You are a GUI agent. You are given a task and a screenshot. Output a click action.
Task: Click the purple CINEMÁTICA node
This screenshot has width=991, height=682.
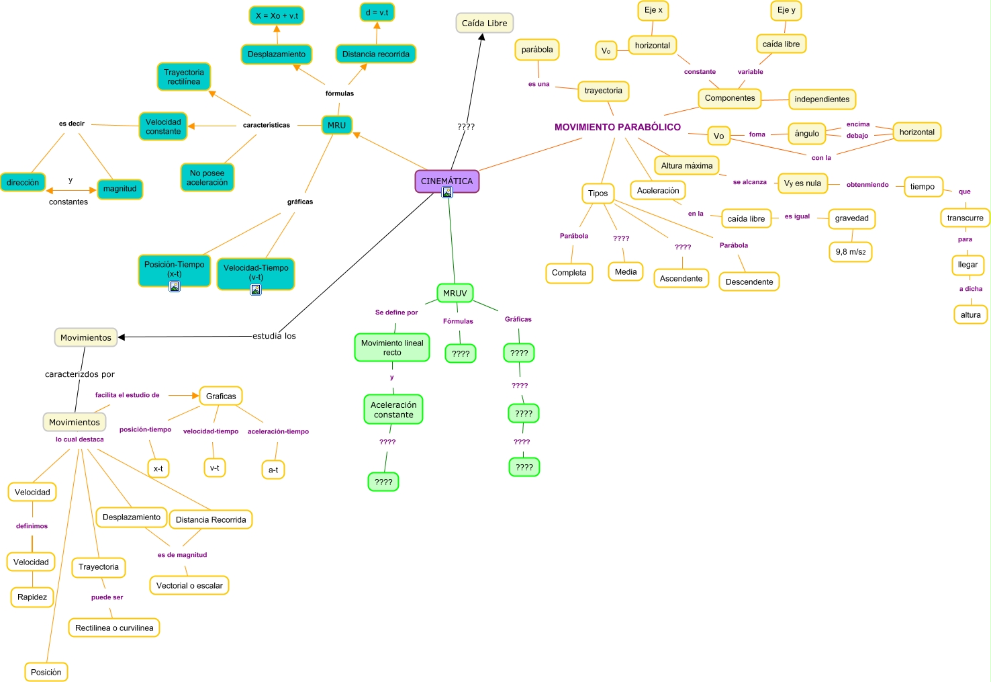tap(446, 181)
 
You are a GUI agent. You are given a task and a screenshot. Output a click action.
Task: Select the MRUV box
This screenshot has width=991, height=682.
tap(455, 293)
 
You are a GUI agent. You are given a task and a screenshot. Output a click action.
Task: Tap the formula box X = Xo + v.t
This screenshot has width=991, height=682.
tap(277, 15)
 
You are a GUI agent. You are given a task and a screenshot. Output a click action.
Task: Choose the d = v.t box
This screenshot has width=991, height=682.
tap(377, 12)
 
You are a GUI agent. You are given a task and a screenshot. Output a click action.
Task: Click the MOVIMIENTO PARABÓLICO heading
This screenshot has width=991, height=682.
tap(617, 127)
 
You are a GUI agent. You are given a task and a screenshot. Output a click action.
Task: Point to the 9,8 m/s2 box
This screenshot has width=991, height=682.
tap(850, 252)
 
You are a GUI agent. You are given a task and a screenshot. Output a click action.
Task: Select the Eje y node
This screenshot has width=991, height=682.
tap(786, 10)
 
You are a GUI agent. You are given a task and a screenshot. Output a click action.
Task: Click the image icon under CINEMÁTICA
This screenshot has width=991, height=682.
tap(447, 192)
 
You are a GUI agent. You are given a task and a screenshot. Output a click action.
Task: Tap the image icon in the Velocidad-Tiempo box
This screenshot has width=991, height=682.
tap(256, 290)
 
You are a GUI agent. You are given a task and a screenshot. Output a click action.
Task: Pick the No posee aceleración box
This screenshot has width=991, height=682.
tap(207, 177)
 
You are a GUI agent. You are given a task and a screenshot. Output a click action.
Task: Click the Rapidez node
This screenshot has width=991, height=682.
tap(32, 597)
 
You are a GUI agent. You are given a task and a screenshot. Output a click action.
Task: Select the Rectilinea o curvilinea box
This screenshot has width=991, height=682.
tap(114, 628)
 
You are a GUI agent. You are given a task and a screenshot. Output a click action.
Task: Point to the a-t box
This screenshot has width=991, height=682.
tap(273, 470)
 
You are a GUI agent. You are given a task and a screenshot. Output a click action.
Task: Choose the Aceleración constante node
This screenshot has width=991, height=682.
tap(393, 409)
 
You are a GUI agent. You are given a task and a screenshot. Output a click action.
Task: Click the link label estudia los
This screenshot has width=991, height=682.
tap(274, 336)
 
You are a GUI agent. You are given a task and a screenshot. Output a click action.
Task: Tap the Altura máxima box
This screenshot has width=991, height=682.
tap(686, 165)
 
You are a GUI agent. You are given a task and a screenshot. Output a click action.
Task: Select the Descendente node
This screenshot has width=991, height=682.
tap(749, 282)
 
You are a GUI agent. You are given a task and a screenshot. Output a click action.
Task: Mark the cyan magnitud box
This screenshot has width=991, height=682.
tap(120, 189)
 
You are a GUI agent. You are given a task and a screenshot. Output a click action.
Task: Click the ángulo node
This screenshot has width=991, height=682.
tap(806, 133)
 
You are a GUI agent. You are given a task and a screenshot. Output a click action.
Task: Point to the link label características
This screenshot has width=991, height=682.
tap(267, 125)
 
